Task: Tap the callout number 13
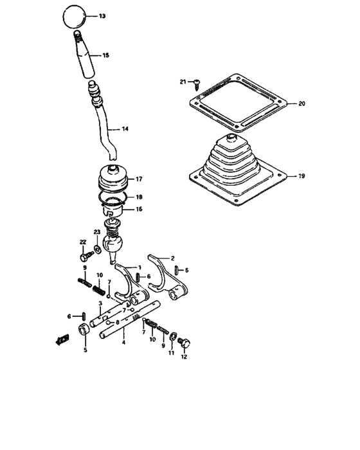pyautogui.click(x=102, y=15)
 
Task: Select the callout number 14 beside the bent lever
pyautogui.click(x=125, y=129)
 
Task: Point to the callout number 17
pyautogui.click(x=138, y=179)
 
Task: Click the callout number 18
pyautogui.click(x=138, y=197)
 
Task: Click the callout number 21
pyautogui.click(x=183, y=82)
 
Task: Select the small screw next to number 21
pyautogui.click(x=197, y=82)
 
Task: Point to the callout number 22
pyautogui.click(x=82, y=242)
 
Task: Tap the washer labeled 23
pyautogui.click(x=96, y=248)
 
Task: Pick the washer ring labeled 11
pyautogui.click(x=172, y=337)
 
